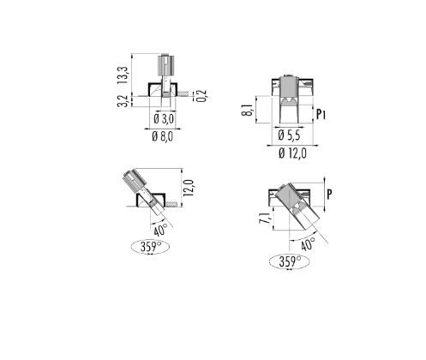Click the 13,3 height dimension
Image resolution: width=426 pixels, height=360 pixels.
pyautogui.click(x=123, y=75)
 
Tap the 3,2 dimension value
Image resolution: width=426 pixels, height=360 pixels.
pyautogui.click(x=123, y=101)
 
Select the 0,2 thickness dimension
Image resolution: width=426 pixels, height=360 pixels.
pyautogui.click(x=202, y=96)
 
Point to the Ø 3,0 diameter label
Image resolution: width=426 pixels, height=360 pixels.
pyautogui.click(x=164, y=118)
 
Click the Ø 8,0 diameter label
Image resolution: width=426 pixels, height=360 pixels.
pyautogui.click(x=162, y=136)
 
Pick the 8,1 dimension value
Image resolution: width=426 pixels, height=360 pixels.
pyautogui.click(x=248, y=110)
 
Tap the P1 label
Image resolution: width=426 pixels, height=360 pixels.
pyautogui.click(x=321, y=114)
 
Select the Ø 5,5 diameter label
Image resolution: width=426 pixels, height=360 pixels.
pyautogui.click(x=289, y=135)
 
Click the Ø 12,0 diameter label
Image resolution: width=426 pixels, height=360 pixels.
pyautogui.click(x=292, y=153)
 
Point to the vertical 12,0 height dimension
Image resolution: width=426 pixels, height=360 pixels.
pyautogui.click(x=189, y=188)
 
